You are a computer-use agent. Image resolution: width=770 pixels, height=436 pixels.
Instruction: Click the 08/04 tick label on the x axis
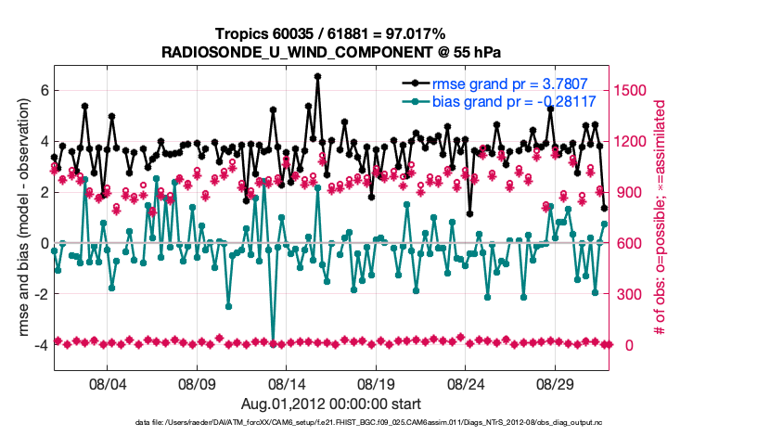(x=106, y=383)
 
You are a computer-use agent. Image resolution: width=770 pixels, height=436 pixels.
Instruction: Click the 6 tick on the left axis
(x=43, y=91)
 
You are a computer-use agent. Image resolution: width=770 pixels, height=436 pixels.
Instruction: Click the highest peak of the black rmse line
(x=317, y=76)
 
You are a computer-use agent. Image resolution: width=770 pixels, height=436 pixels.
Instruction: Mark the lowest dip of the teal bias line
(x=273, y=341)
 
